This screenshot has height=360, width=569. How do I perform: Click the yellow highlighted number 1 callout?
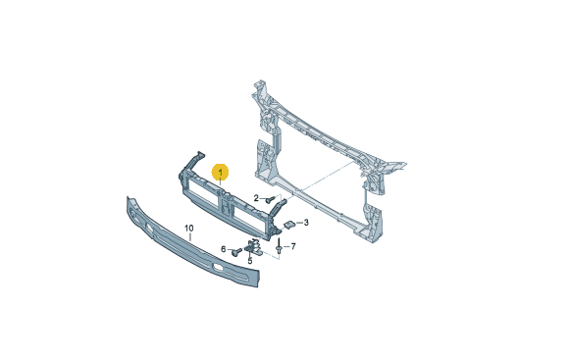[221, 172]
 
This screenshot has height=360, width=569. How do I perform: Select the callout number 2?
[256, 198]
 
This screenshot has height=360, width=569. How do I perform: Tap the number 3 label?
[306, 222]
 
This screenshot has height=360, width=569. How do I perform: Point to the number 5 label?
[249, 261]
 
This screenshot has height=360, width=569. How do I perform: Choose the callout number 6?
[224, 249]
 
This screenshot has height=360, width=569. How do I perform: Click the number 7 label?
[293, 247]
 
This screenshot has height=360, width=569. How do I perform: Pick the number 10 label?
[189, 229]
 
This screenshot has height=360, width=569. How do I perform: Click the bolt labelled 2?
[271, 199]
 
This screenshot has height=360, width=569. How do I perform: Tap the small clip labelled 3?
[288, 225]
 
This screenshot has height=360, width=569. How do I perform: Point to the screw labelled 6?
[237, 251]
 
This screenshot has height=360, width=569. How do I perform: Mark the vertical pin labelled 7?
[279, 246]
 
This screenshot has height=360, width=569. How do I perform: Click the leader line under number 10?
[189, 236]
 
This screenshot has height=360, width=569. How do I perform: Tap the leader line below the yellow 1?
[221, 183]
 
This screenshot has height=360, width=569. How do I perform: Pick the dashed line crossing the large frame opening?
[327, 176]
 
